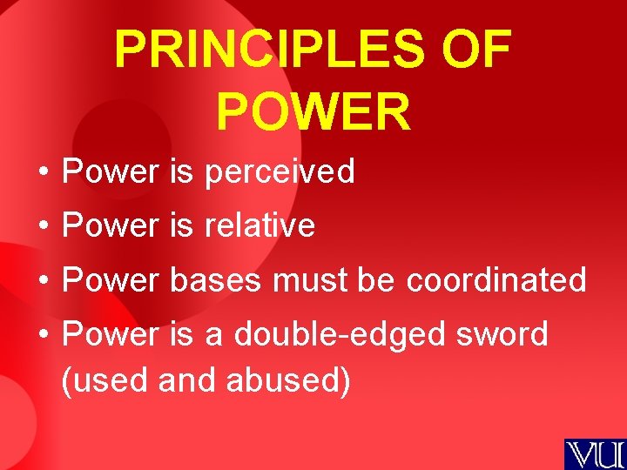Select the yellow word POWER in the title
pos(313,111)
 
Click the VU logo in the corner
pos(595,453)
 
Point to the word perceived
pos(280,172)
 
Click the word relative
pos(260,226)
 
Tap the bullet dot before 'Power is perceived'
pos(43,172)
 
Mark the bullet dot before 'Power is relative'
pos(43,226)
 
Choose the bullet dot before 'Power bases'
pos(43,280)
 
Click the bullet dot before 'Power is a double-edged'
pos(43,334)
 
